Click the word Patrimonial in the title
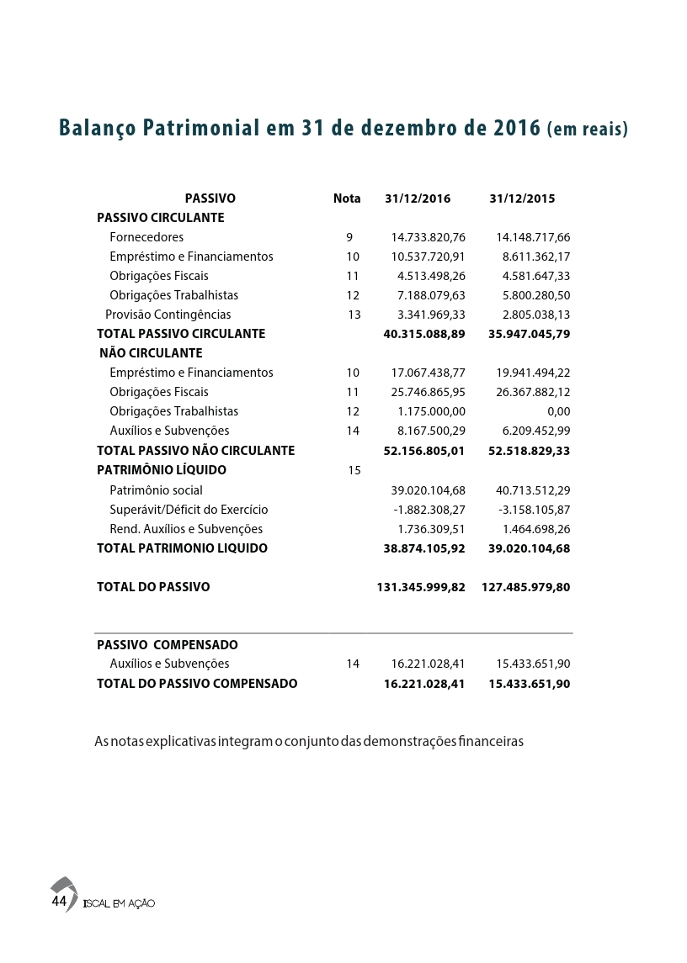201,129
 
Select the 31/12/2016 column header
418,199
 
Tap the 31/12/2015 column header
522,199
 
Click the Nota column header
347,199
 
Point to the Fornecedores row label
146,237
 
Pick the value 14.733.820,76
429,237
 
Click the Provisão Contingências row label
168,315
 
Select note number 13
354,315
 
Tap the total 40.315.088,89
424,334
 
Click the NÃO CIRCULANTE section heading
152,353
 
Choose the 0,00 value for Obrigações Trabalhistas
558,411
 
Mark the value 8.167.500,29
432,431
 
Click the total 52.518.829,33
529,451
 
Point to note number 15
354,470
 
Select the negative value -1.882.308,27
429,510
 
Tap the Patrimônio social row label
156,490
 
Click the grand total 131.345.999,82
421,587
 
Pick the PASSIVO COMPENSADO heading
168,645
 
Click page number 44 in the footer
59,902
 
